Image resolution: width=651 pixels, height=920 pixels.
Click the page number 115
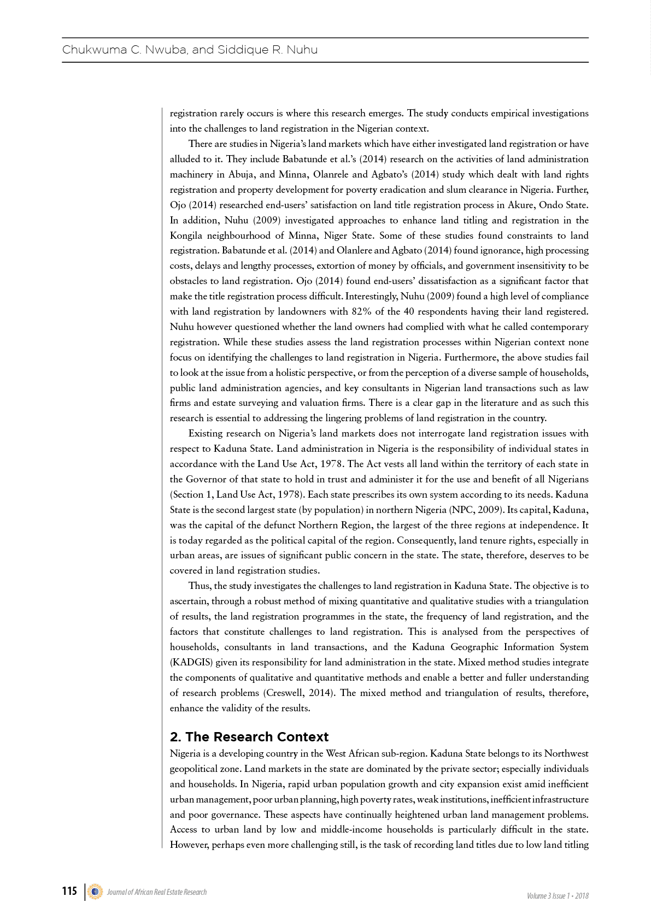69,891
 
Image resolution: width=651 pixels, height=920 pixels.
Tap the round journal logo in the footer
95,892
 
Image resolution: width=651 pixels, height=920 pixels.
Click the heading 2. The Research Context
249,736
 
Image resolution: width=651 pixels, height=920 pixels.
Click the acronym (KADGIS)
191,662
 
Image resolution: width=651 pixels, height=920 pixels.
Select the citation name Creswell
288,693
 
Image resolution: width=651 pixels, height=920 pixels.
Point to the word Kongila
189,235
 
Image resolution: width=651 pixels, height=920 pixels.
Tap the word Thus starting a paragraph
200,586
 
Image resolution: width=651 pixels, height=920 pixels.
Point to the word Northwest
566,753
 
